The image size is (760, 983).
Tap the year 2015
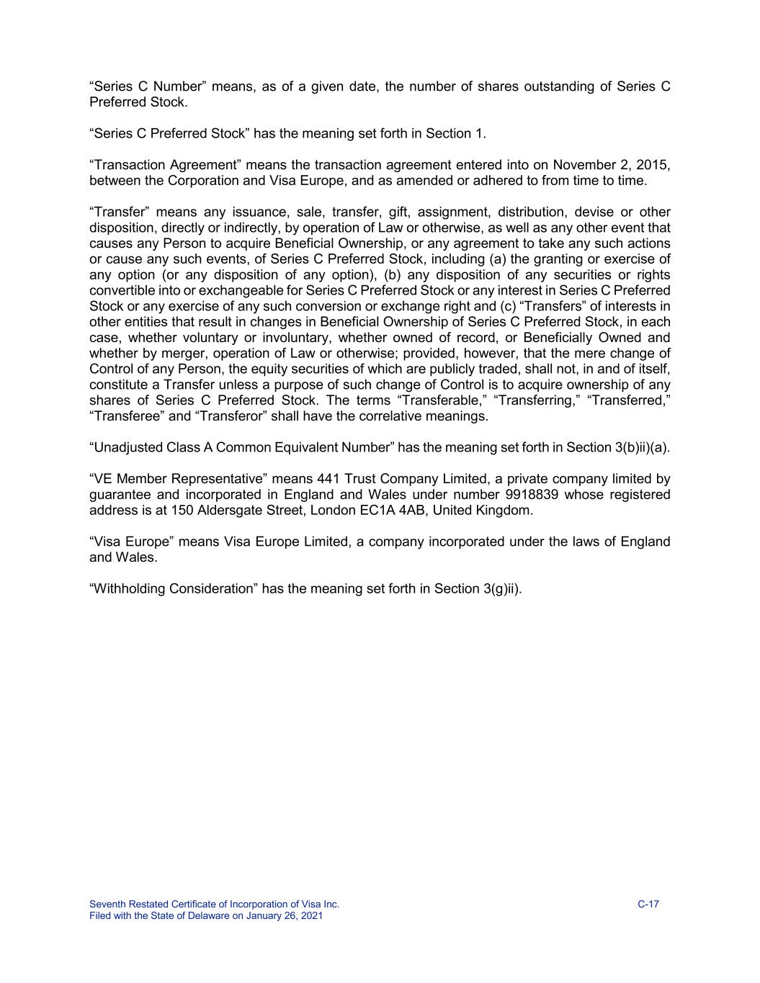click(x=653, y=165)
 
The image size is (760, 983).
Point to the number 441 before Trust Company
click(x=328, y=479)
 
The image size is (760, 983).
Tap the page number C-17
click(x=648, y=905)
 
